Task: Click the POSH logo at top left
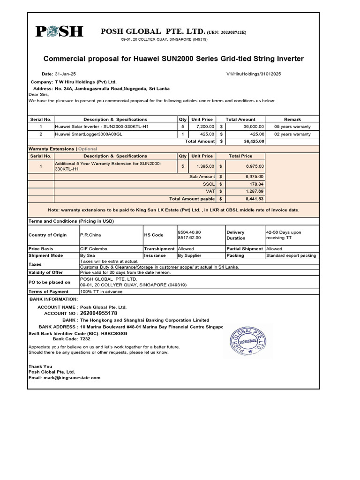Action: coord(59,32)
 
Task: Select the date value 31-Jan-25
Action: coord(64,74)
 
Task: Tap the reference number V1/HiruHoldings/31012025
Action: coord(254,74)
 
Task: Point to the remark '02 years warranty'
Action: coord(292,134)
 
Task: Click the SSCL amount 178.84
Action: coord(255,184)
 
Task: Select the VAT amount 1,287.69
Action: coord(255,191)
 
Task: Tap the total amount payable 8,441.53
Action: coord(254,199)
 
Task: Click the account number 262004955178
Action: coord(98,313)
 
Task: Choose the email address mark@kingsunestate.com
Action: coord(71,377)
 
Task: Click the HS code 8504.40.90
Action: coord(189,232)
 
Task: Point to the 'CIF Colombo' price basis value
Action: coord(94,249)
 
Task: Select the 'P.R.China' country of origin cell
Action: coord(90,235)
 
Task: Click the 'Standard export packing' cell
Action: coord(291,256)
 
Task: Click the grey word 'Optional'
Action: coord(87,149)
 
